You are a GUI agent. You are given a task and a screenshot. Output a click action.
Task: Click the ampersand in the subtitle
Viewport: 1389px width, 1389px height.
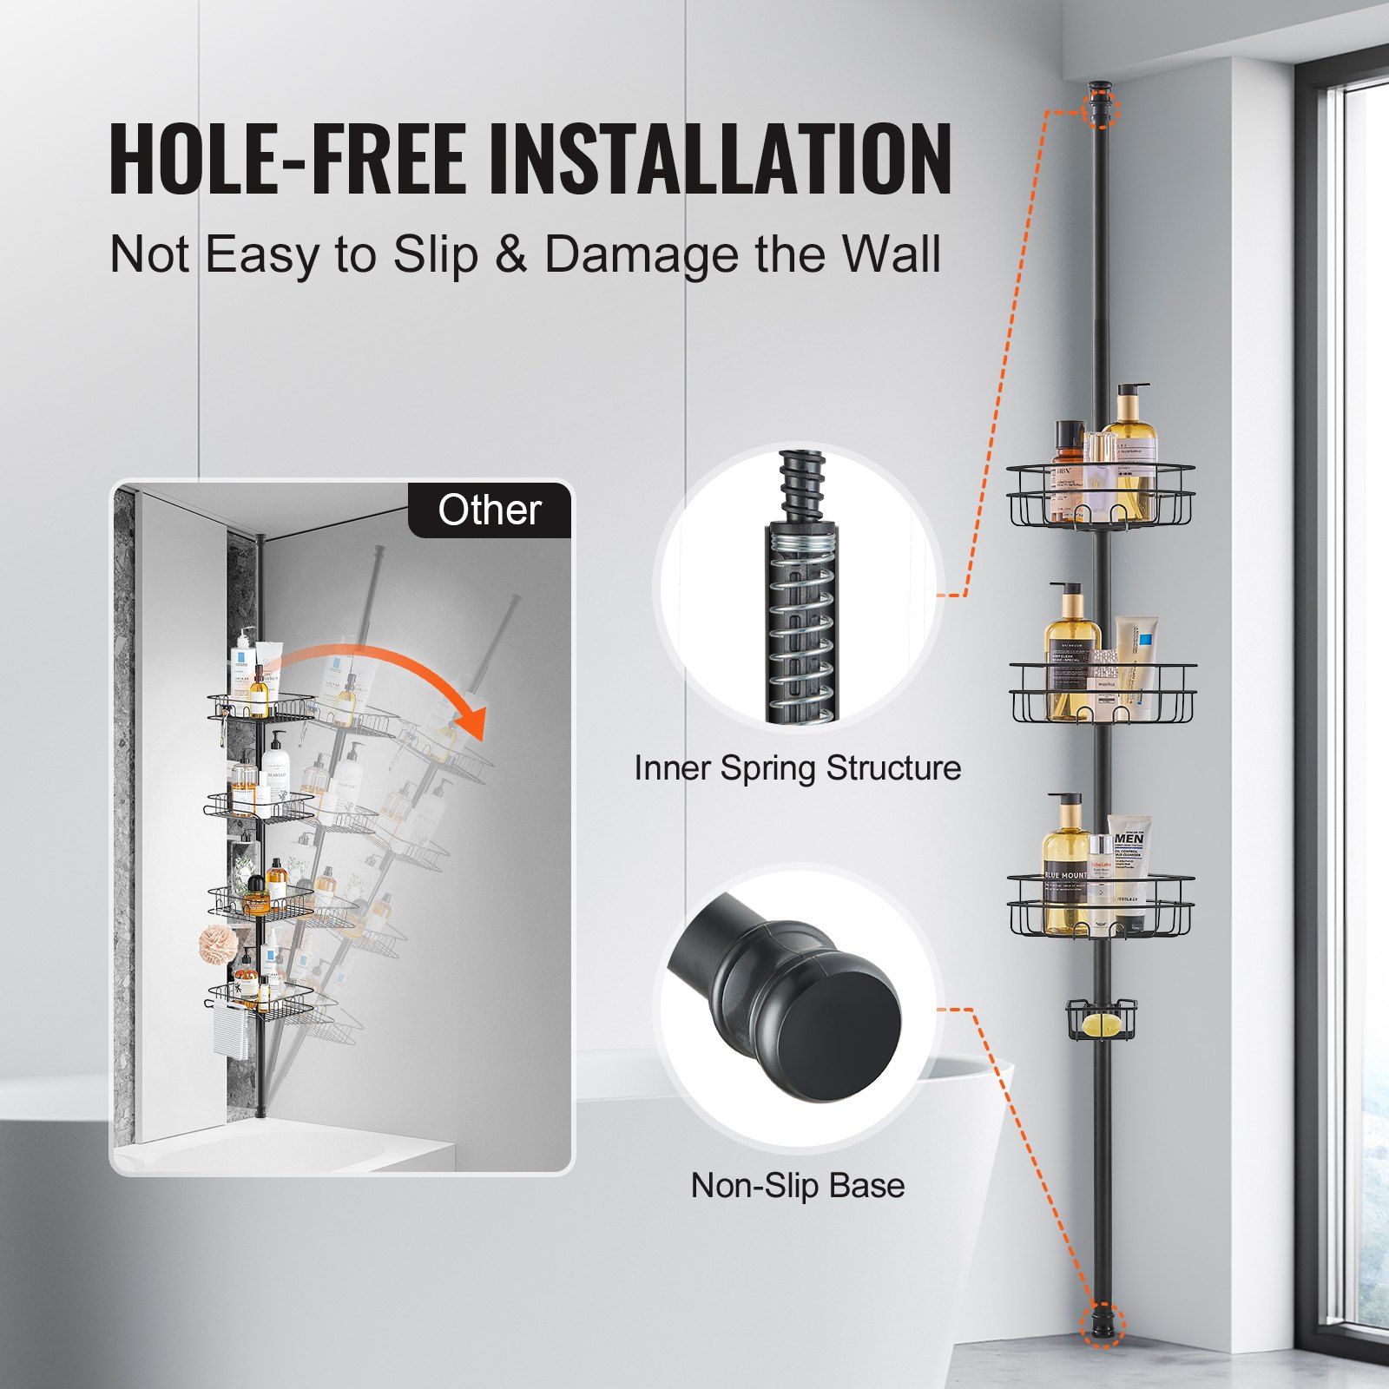click(x=511, y=254)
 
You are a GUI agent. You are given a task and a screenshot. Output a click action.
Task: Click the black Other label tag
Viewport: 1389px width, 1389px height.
click(x=490, y=510)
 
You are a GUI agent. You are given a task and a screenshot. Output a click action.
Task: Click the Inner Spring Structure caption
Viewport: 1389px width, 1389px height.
click(x=797, y=768)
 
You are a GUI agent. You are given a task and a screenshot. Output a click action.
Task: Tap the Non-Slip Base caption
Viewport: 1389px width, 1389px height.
click(x=797, y=1186)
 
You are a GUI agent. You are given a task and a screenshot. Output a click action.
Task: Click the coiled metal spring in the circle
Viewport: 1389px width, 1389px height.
click(x=803, y=634)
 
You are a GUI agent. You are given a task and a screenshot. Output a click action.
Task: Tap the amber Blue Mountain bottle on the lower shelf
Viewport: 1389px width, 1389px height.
click(x=1065, y=877)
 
